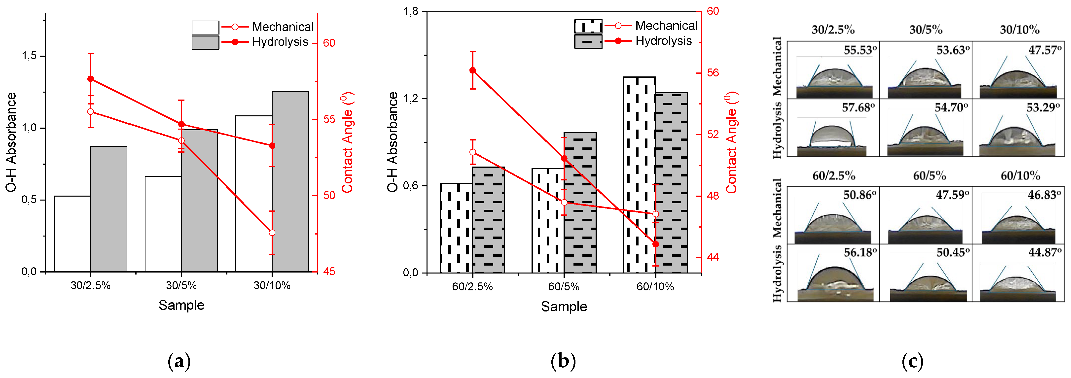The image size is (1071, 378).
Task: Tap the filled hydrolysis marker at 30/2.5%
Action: click(x=91, y=79)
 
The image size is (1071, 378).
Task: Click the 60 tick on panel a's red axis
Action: click(x=329, y=43)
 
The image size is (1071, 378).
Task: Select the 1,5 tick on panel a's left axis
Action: click(x=29, y=56)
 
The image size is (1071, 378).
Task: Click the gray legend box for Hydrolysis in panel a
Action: click(x=205, y=42)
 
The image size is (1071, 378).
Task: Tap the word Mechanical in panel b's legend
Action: click(x=666, y=26)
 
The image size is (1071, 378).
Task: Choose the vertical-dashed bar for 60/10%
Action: click(x=640, y=175)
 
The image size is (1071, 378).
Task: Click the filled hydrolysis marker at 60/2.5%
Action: click(x=473, y=70)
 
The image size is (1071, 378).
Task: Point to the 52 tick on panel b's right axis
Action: click(x=713, y=134)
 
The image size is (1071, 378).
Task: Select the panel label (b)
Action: click(x=563, y=361)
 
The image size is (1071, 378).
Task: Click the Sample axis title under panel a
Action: click(x=181, y=305)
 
